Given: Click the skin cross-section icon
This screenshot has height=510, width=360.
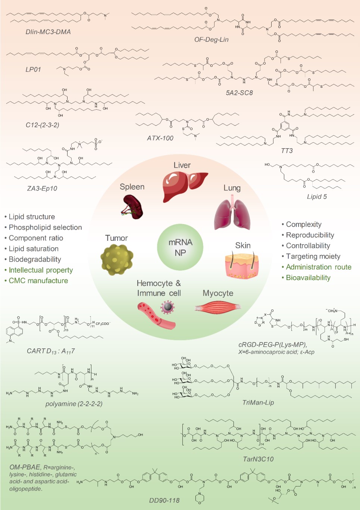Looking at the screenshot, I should [x=242, y=266].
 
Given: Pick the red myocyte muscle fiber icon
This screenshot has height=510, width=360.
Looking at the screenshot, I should [x=218, y=308].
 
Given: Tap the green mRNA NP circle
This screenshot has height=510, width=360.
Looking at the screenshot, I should [x=180, y=247].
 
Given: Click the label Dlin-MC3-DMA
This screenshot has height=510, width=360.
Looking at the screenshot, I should [x=48, y=32].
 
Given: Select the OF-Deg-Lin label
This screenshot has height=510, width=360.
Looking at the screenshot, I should [x=211, y=40].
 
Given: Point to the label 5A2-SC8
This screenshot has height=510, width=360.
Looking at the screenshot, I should [x=239, y=93].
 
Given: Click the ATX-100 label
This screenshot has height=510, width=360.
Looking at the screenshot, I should [x=160, y=138].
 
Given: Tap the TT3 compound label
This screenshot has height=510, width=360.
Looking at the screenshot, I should [x=287, y=151].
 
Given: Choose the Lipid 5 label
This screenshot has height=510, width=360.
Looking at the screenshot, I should [x=317, y=197].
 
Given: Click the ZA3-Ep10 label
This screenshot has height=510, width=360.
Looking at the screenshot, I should [x=42, y=189].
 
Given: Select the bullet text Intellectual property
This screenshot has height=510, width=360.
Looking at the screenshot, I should [x=41, y=270].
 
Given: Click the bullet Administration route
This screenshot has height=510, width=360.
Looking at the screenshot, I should [x=319, y=267].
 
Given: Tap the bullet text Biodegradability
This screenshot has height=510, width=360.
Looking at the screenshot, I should [x=35, y=259].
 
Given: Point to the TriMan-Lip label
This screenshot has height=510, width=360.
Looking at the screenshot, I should [x=258, y=402].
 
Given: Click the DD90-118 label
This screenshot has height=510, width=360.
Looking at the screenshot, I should [x=164, y=500].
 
